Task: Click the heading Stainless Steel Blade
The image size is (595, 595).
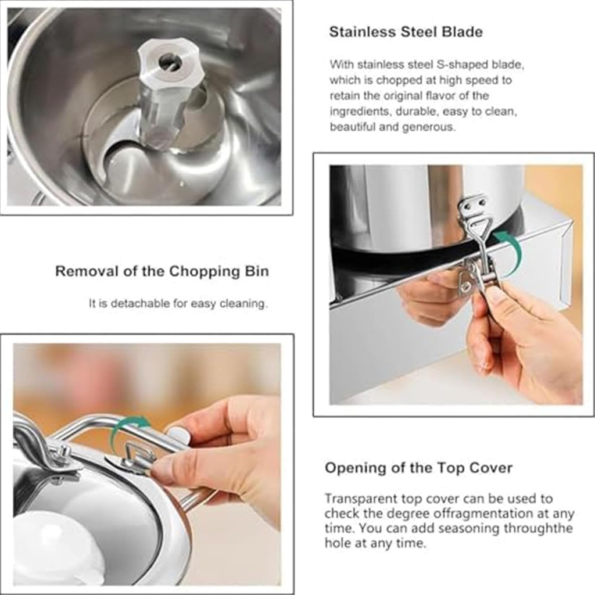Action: pyautogui.click(x=406, y=32)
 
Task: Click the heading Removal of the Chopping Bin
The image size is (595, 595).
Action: pyautogui.click(x=162, y=271)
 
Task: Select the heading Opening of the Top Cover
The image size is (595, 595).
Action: pyautogui.click(x=418, y=468)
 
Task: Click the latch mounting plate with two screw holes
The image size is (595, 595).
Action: pyautogui.click(x=472, y=205)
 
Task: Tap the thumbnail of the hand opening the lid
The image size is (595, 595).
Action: pyautogui.click(x=147, y=464)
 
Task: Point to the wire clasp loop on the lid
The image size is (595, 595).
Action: pyautogui.click(x=138, y=454)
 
